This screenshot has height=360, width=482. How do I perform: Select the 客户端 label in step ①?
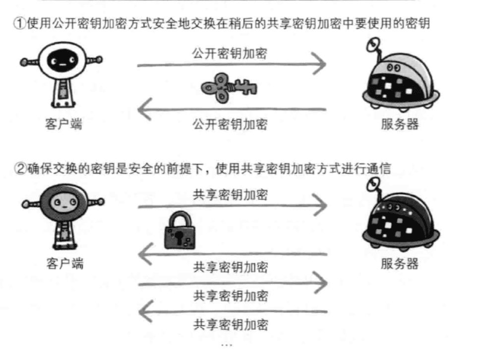63,124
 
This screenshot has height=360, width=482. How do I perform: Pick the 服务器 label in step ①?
400,124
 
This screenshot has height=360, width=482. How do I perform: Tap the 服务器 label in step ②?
400,263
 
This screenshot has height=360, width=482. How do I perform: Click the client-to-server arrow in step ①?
231,64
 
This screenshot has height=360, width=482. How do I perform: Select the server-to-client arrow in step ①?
231,110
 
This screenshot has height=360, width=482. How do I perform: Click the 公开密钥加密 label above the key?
230,53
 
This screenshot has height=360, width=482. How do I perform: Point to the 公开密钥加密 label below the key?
230,123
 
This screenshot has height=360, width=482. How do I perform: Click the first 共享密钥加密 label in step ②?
230,195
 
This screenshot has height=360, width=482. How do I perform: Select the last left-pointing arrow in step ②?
231,312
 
